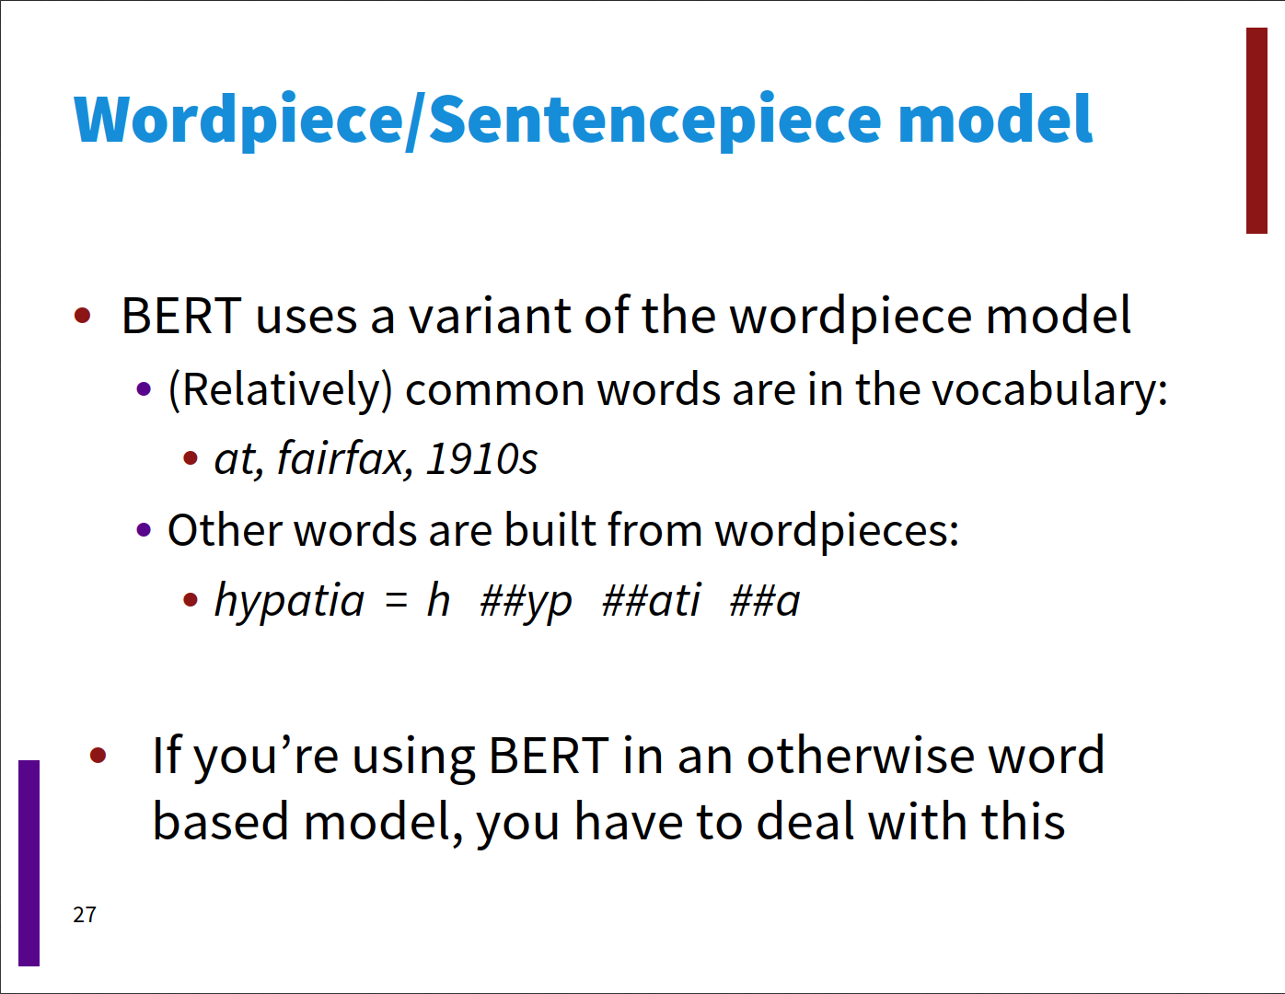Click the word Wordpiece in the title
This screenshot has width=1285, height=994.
click(238, 121)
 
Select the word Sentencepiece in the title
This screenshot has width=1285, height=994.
click(655, 121)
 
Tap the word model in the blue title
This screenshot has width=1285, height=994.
click(995, 119)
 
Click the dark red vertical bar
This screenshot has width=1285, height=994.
click(1256, 131)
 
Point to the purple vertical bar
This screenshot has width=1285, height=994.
click(29, 863)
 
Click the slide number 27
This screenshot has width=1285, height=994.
click(85, 915)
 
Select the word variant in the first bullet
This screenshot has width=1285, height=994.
click(490, 316)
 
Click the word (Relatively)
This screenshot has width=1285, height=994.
click(281, 390)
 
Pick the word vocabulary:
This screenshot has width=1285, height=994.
click(1050, 390)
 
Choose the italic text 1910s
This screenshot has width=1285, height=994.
click(481, 459)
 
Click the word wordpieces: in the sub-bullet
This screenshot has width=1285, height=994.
click(837, 530)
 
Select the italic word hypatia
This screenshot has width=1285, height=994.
click(289, 600)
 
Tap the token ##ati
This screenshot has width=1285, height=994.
click(651, 600)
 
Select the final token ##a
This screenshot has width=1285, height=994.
click(765, 601)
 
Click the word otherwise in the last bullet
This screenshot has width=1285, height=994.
click(861, 755)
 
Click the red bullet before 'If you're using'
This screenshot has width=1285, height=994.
click(98, 755)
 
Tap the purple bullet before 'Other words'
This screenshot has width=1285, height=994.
click(144, 529)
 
